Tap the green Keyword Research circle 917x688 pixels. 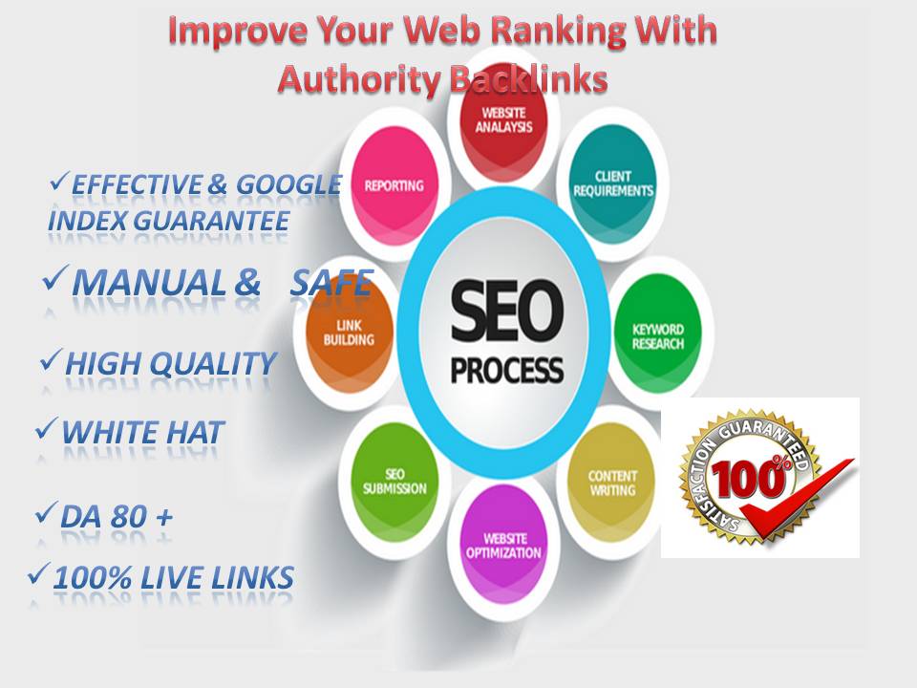[658, 336]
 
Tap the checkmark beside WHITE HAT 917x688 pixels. [44, 429]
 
